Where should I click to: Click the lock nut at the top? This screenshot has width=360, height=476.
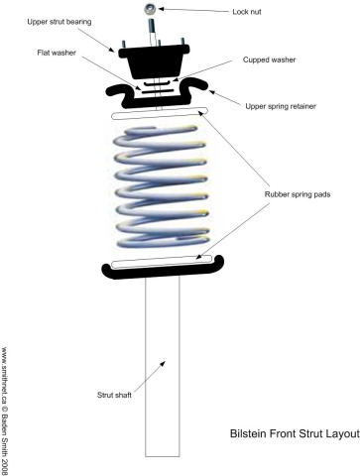[149, 9]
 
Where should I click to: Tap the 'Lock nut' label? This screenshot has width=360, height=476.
[247, 12]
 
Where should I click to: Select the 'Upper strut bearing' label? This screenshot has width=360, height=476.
[60, 22]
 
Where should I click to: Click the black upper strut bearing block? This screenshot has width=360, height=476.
[155, 61]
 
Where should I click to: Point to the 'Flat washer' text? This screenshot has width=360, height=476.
[57, 53]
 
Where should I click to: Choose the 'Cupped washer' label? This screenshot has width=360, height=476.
[269, 59]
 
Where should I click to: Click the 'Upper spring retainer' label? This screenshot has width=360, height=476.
[281, 106]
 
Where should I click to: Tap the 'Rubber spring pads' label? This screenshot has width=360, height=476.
[298, 194]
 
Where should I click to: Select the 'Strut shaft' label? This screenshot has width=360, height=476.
[114, 395]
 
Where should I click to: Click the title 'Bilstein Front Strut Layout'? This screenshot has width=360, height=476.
[295, 433]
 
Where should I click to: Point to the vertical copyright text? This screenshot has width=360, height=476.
[5, 411]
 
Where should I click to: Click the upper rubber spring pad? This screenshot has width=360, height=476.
[160, 113]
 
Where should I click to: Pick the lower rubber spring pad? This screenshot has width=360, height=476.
[162, 262]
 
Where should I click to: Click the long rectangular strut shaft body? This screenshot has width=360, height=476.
[163, 366]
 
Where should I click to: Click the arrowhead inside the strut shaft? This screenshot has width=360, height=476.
[163, 364]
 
